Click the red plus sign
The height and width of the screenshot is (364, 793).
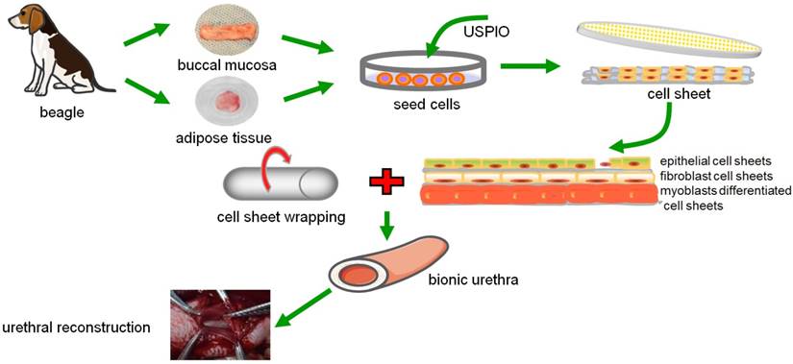385,182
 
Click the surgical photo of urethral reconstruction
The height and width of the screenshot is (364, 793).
220,325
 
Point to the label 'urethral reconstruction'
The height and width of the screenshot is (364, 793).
76,328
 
